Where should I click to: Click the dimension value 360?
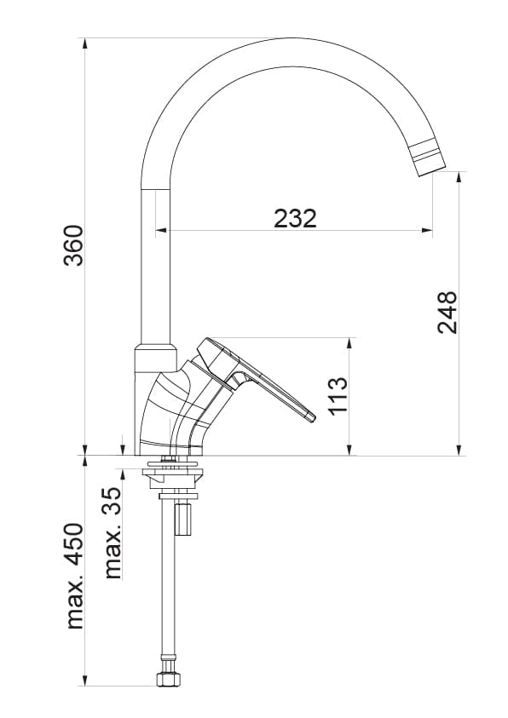tap(74, 245)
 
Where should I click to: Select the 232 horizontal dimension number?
tap(295, 218)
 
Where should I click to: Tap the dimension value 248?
tap(447, 313)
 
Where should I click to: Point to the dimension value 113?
tap(338, 394)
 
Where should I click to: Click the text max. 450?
tap(75, 577)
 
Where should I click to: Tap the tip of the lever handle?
tap(310, 416)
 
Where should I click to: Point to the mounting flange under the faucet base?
tap(173, 466)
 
